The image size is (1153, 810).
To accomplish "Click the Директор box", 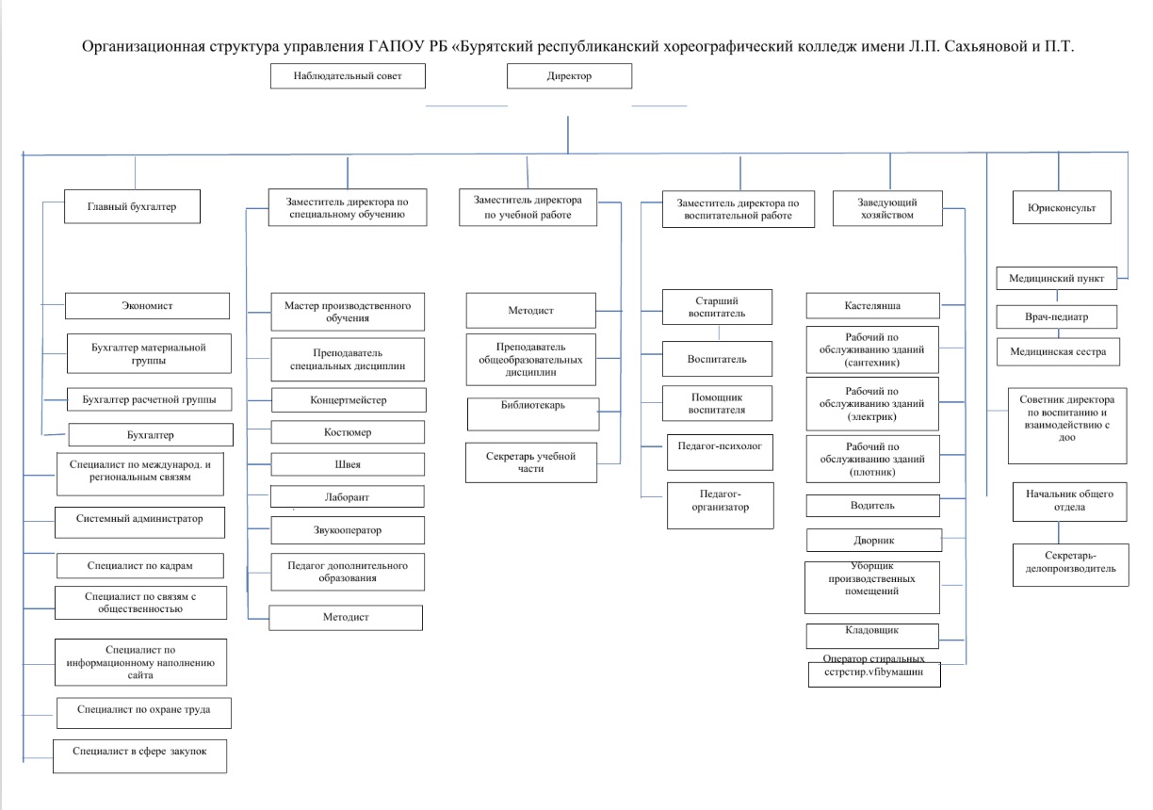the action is click(x=569, y=76).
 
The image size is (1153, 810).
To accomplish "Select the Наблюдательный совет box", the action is click(x=348, y=76).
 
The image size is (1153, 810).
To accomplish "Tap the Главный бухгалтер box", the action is click(x=132, y=206).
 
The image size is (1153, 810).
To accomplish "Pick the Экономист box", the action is click(x=147, y=306).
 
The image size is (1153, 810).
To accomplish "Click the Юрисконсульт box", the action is click(x=1062, y=207).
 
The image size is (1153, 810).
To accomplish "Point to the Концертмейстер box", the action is click(x=349, y=400).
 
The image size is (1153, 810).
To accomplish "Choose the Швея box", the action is click(x=348, y=464).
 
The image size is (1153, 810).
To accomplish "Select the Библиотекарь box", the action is click(x=533, y=413).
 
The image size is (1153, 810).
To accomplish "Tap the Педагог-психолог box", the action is click(x=720, y=452).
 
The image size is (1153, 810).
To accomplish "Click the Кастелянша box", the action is click(x=873, y=306).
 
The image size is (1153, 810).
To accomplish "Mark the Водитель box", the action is click(x=873, y=506).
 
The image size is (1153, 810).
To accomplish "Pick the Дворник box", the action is click(x=874, y=541).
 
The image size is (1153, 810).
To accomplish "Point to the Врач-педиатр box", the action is click(x=1057, y=317).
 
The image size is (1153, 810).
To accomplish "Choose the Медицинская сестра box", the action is click(x=1058, y=351).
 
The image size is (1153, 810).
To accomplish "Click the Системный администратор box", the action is click(x=140, y=523).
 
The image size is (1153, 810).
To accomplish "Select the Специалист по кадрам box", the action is click(x=140, y=565).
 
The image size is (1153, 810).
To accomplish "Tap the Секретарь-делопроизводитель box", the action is click(x=1071, y=565).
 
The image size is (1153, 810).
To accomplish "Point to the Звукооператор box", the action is click(x=348, y=530).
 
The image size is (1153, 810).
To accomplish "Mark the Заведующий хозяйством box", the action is click(x=888, y=208).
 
